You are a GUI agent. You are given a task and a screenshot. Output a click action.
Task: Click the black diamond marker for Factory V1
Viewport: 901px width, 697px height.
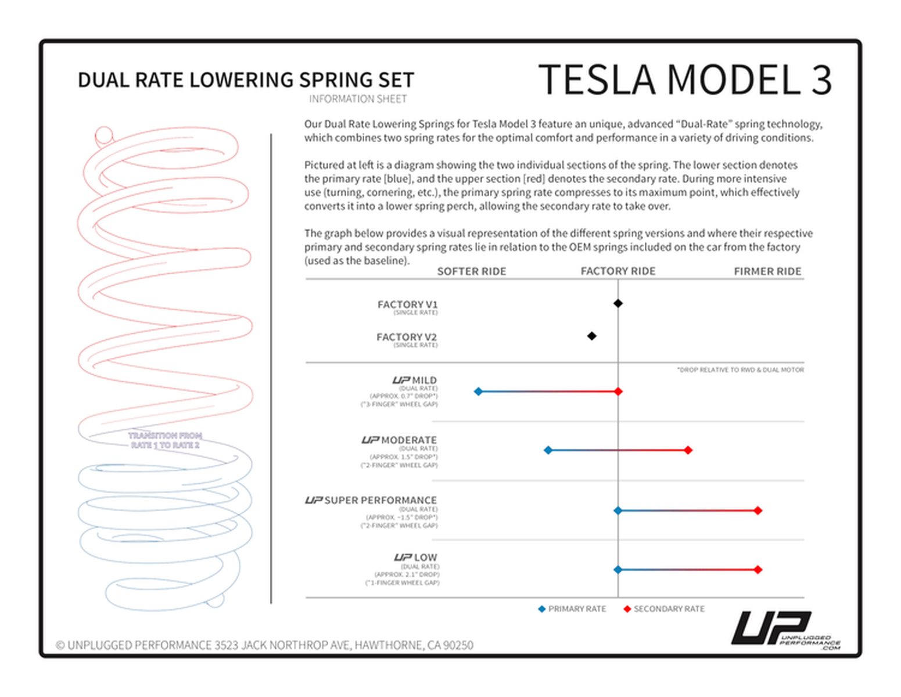point(618,303)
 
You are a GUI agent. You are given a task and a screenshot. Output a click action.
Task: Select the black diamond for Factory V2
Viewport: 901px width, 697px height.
point(591,336)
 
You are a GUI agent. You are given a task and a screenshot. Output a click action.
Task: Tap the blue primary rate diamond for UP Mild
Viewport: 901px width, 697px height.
point(478,391)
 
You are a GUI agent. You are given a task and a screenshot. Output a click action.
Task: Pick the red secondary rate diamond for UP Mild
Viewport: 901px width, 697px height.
point(618,391)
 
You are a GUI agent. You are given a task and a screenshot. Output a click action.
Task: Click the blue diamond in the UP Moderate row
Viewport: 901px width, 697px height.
point(548,450)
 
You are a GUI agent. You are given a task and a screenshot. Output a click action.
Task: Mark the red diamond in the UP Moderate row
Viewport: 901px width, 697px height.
point(688,450)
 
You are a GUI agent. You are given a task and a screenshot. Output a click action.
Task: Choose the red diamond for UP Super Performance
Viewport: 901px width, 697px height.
point(758,511)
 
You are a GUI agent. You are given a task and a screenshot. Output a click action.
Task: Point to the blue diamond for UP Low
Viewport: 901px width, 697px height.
point(618,570)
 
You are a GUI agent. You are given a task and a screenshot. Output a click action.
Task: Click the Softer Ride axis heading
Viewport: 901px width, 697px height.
point(471,271)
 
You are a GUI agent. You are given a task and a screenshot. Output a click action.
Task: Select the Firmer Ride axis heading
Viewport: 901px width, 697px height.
point(767,271)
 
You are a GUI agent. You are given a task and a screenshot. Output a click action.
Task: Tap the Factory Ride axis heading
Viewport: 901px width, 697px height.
point(618,271)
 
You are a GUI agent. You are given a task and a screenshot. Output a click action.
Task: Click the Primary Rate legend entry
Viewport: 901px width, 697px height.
point(572,609)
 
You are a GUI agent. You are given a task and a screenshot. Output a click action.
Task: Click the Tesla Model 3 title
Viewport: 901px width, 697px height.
point(685,80)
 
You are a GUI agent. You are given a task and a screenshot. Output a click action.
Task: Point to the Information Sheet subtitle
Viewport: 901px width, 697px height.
point(358,99)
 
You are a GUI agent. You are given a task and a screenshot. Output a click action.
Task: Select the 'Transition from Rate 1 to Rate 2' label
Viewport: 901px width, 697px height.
point(165,440)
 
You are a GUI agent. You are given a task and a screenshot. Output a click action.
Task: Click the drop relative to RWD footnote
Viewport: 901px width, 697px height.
point(741,369)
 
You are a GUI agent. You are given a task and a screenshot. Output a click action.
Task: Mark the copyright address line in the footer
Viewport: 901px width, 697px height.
point(264,645)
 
